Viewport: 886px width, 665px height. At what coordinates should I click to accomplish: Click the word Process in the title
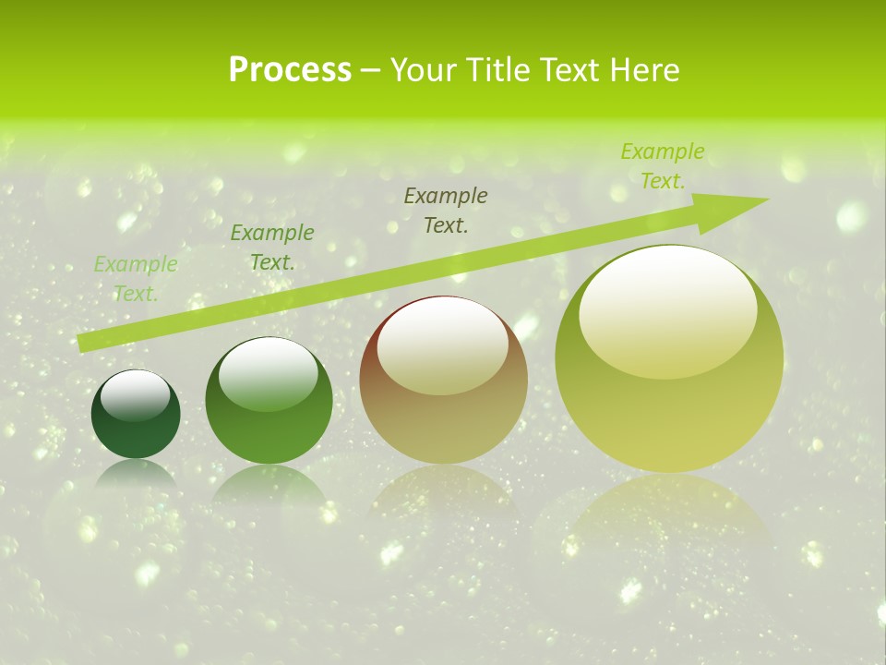(290, 70)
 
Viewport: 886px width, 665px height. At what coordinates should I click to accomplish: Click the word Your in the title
(424, 70)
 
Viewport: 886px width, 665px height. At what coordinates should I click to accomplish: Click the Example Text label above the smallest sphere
(136, 279)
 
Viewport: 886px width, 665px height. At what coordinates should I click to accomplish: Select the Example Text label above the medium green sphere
(272, 248)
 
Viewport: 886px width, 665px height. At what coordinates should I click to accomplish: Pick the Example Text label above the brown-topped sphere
(446, 210)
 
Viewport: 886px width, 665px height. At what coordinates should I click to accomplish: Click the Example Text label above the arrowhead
(663, 166)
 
